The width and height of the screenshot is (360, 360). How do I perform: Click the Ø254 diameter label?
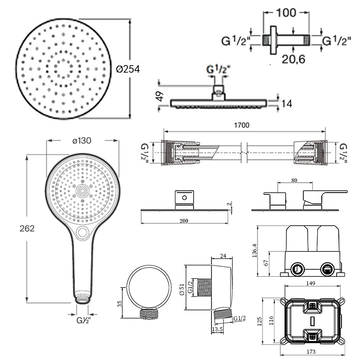[128, 69]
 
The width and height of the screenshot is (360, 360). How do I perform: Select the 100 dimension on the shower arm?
[286, 13]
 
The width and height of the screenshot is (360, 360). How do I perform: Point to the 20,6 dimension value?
[293, 59]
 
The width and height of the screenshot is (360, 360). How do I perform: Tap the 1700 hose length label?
[242, 125]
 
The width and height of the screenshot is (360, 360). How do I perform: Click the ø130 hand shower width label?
[82, 140]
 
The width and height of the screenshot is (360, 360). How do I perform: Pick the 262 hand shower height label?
[27, 229]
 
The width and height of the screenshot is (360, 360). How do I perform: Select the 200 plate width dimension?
[184, 221]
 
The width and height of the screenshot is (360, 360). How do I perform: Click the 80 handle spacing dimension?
[294, 180]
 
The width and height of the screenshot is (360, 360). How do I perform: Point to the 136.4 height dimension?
[254, 251]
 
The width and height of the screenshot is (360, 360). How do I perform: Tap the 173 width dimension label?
[311, 351]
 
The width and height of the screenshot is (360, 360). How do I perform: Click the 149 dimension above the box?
[310, 283]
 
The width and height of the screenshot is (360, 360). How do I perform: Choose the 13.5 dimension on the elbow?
[217, 329]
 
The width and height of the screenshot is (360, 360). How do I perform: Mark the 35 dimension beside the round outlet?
[120, 304]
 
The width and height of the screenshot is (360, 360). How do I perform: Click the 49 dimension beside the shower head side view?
[160, 96]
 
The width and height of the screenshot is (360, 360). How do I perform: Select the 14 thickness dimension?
[287, 104]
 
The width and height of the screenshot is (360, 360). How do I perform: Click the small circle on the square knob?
[184, 198]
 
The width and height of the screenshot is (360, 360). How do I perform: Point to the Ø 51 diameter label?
[182, 289]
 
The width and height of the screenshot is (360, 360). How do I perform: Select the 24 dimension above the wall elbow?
[223, 256]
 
